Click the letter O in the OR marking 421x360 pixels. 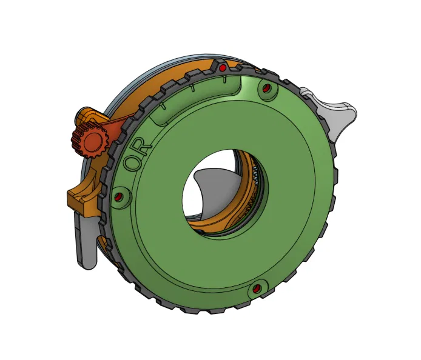point(130,162)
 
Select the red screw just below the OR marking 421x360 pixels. point(118,197)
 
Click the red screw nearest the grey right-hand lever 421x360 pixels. point(266,90)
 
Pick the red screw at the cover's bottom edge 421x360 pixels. point(257,288)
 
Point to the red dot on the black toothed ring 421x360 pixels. point(223,66)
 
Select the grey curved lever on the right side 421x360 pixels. point(335,113)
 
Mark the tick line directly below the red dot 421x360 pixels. point(224,78)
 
